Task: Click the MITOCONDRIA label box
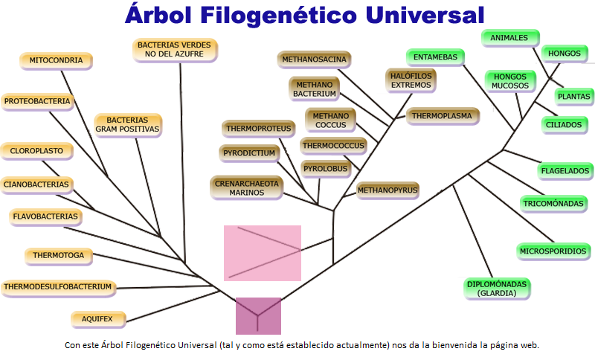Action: point(56,60)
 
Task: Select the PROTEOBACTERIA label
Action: point(37,101)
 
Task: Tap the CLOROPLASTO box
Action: point(36,151)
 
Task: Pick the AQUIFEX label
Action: point(97,319)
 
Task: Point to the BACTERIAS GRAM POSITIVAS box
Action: point(127,124)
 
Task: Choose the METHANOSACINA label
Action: point(315,59)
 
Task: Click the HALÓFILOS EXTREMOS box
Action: point(411,80)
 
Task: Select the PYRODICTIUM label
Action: point(248,153)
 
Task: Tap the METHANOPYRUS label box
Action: point(387,190)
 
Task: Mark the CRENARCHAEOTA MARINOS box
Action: point(246,187)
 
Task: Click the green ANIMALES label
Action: point(509,37)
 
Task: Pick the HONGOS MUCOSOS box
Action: point(509,81)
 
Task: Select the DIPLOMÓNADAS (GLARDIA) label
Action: point(497,289)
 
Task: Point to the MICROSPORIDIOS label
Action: point(553,251)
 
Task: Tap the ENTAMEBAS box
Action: point(435,57)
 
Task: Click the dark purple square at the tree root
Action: point(258,315)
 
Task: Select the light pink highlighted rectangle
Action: point(263,253)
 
